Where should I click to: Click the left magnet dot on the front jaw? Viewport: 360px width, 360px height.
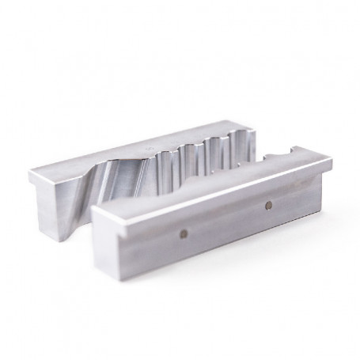pos(184,233)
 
